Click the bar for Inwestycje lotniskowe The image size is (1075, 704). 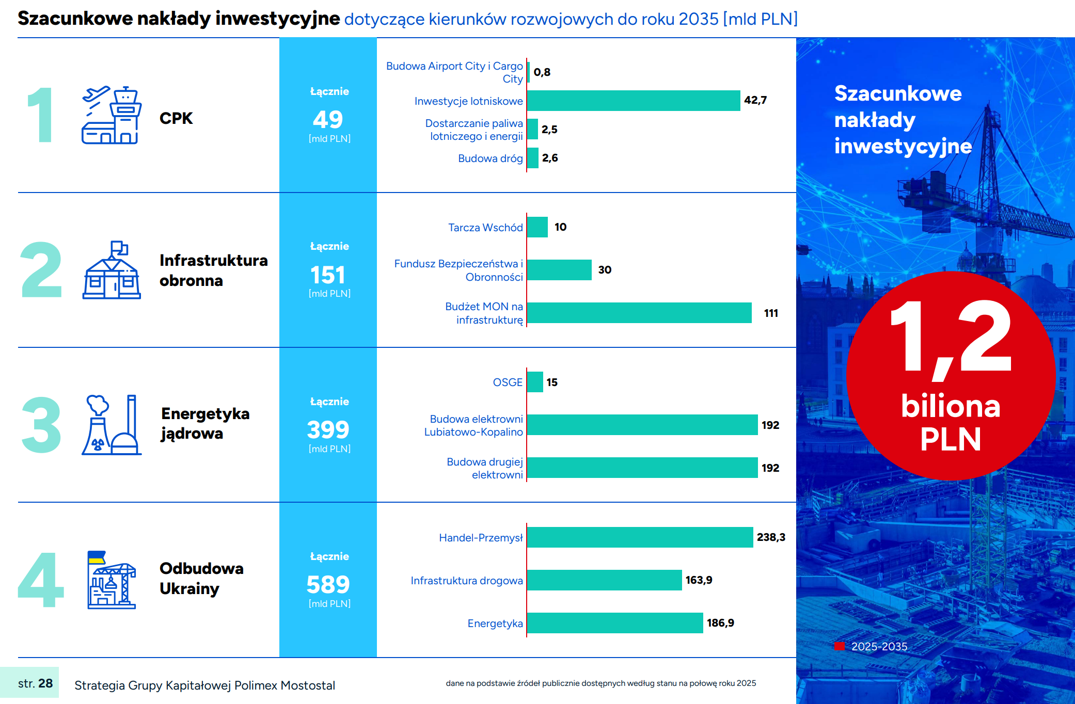(633, 101)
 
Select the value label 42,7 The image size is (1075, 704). (755, 100)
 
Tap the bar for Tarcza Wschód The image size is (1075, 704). (537, 227)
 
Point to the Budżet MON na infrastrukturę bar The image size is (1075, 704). (639, 313)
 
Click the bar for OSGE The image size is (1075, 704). (535, 382)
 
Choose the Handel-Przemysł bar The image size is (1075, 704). (640, 537)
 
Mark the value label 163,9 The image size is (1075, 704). (699, 580)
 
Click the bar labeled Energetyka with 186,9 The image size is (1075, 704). (615, 623)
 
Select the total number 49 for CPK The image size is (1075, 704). (328, 120)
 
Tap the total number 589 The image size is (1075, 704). (328, 585)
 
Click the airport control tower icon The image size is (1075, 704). (112, 115)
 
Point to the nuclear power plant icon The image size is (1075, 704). (112, 425)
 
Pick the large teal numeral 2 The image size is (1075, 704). (41, 270)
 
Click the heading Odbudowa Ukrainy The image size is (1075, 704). (201, 579)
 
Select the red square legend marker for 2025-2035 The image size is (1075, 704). (839, 646)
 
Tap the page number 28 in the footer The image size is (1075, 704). (45, 683)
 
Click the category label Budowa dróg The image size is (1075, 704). (490, 158)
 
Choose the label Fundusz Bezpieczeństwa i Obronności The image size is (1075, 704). (459, 270)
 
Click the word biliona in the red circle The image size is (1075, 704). (951, 406)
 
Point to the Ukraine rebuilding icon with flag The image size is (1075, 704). (112, 580)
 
